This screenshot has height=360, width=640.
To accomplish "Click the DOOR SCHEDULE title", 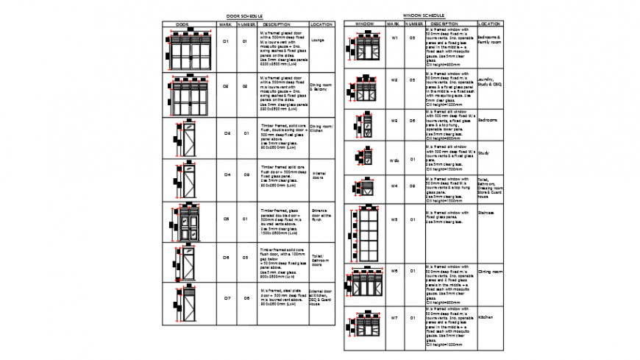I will tap(244, 15).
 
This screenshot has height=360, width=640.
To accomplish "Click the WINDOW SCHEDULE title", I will tap(424, 15).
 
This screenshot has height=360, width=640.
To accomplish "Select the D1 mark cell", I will tap(227, 42).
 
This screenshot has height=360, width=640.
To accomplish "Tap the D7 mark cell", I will tap(227, 298).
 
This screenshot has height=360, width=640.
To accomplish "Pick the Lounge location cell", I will tap(319, 40).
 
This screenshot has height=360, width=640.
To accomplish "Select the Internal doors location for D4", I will tap(319, 175).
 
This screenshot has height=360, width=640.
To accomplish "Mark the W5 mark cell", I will tap(394, 219).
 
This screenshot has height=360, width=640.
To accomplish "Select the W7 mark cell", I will tap(394, 318).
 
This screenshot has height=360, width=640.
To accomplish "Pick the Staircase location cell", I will tap(487, 213).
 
